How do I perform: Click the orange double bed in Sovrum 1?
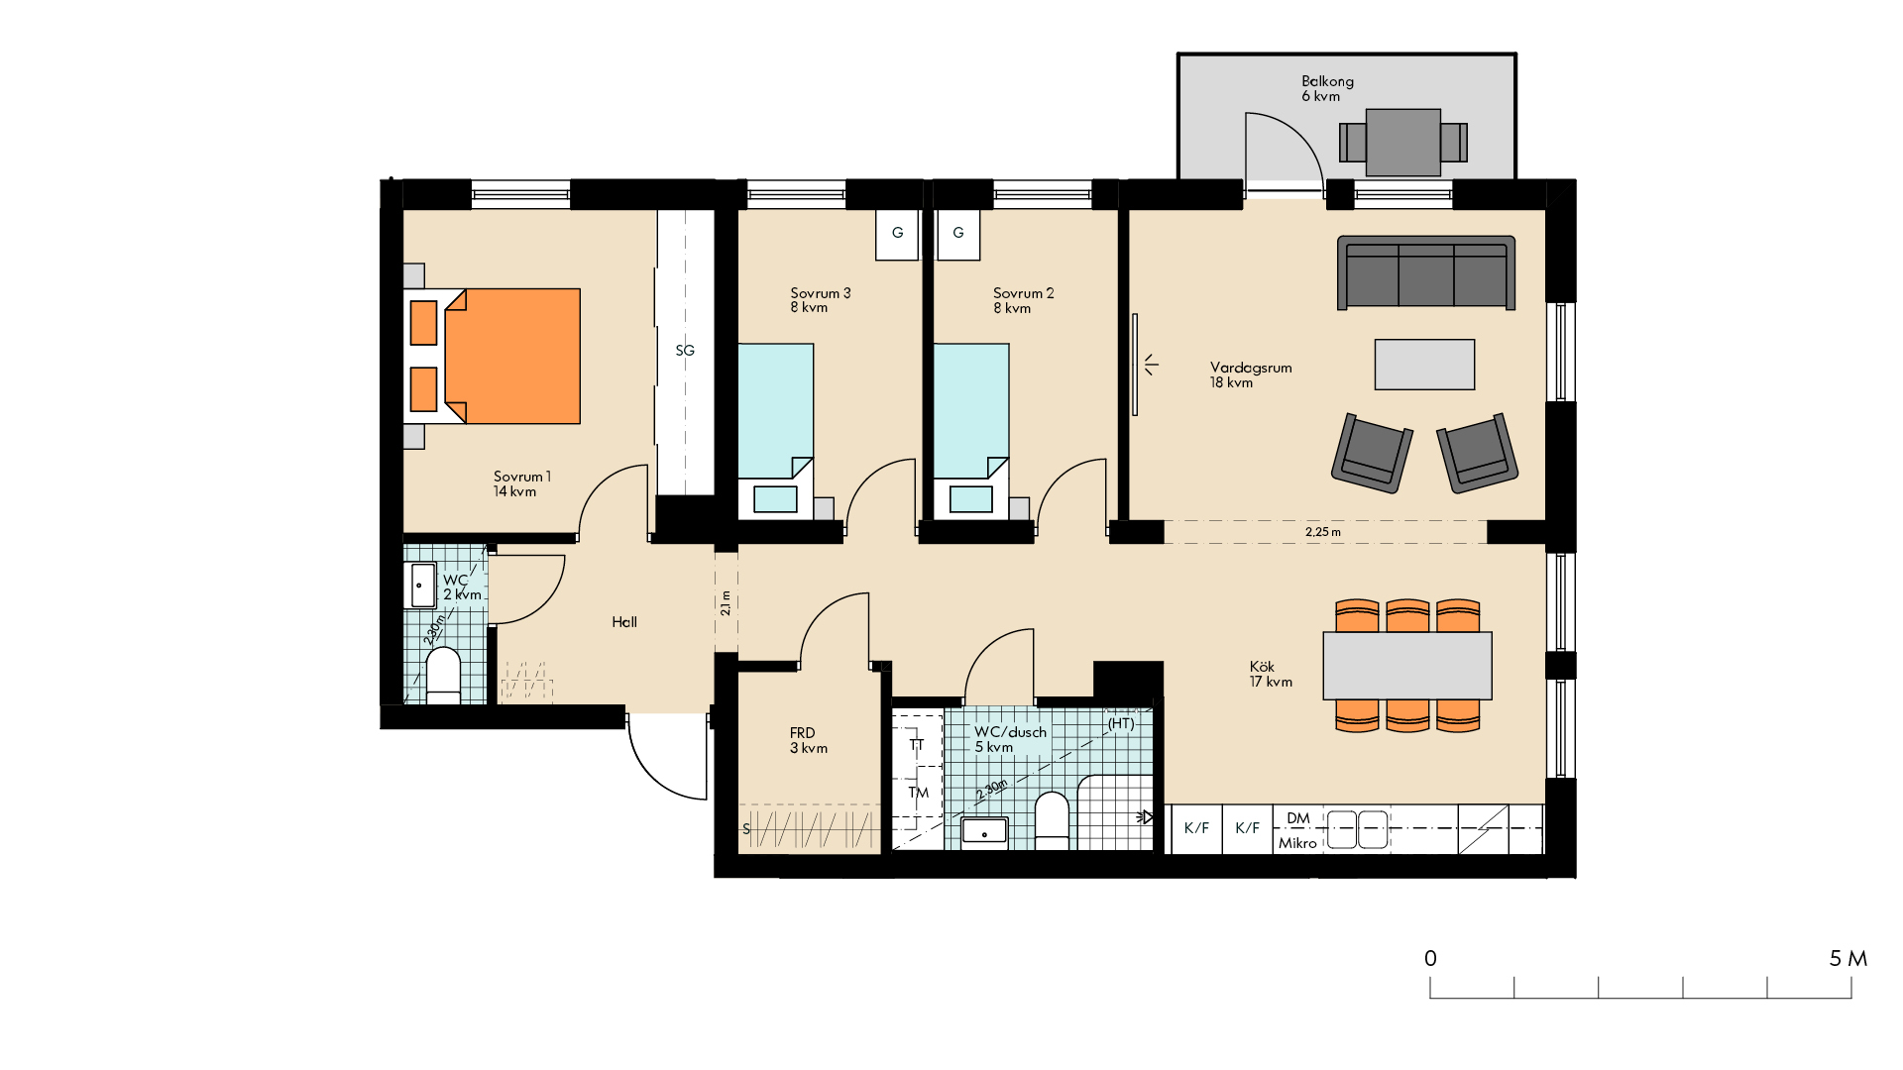[493, 357]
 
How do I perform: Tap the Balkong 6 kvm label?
[1327, 88]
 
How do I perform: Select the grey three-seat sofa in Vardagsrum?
[1426, 272]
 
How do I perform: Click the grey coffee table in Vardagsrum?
[1424, 365]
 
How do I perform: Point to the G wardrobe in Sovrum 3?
[897, 234]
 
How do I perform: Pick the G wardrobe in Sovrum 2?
[958, 234]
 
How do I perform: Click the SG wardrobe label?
[685, 351]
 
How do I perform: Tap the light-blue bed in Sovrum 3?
[776, 429]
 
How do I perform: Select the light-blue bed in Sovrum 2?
[971, 429]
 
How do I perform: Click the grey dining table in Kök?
[1407, 666]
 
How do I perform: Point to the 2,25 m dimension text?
[1323, 532]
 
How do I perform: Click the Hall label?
[624, 622]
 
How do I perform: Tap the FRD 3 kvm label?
[809, 740]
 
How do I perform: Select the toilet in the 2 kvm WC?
[443, 676]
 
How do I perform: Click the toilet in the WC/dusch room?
[1052, 820]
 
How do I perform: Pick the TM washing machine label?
[919, 793]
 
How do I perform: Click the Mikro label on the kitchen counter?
[1297, 843]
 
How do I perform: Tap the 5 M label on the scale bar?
[1848, 958]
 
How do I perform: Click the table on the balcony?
[1403, 143]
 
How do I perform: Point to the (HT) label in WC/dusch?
[1121, 723]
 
